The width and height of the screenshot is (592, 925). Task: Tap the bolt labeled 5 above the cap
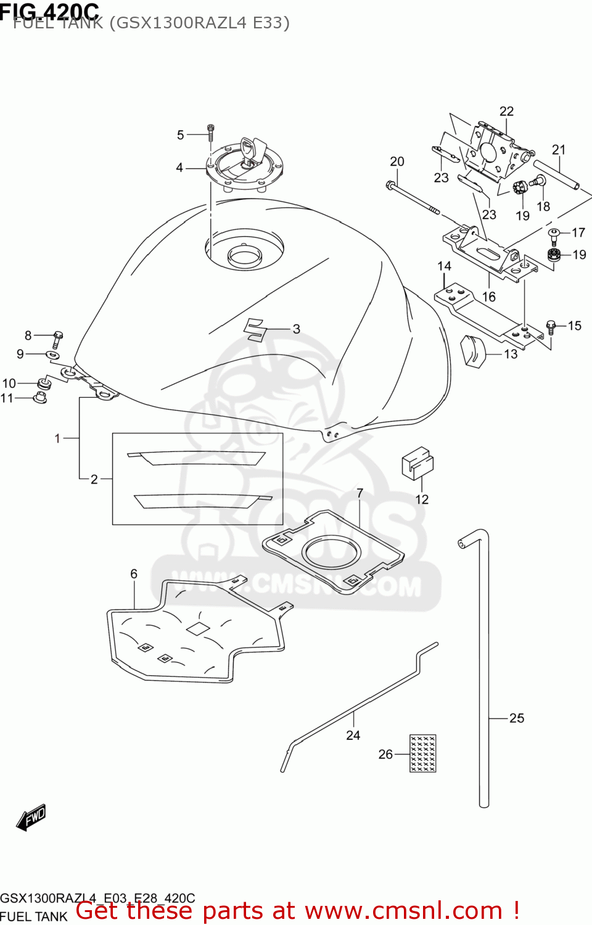[210, 132]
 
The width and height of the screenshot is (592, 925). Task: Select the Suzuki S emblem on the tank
[254, 329]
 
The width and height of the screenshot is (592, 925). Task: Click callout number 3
[297, 329]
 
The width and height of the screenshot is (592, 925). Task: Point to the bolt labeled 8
[57, 339]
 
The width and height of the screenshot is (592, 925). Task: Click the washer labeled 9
[53, 355]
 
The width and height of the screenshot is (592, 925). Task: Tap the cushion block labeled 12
[417, 463]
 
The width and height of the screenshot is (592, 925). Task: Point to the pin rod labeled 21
[556, 175]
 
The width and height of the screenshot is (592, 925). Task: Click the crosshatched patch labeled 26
[423, 753]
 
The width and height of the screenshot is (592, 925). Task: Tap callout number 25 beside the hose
[517, 718]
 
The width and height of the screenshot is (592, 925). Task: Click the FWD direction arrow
[31, 818]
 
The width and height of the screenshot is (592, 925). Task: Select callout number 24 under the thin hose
[353, 735]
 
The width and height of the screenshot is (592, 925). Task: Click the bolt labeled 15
[551, 326]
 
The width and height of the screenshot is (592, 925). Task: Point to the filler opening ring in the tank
[245, 255]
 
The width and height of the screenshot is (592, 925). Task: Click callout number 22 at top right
[506, 111]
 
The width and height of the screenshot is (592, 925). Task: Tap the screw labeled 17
[553, 234]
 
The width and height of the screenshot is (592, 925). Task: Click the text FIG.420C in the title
[49, 10]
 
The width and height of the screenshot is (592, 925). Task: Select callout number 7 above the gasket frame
[360, 493]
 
